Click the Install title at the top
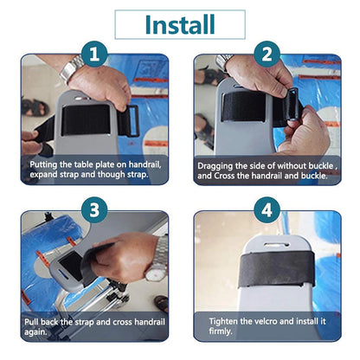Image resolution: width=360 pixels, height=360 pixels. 180,24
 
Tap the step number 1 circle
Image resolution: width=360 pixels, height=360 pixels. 94,55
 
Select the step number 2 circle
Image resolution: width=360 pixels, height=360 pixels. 267,55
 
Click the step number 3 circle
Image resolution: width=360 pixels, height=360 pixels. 94,209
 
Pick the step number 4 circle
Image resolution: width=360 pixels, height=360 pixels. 267,209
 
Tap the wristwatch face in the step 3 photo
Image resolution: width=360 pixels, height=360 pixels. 154,273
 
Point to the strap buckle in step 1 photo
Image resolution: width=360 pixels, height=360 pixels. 132,121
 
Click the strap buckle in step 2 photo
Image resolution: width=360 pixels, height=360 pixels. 292,106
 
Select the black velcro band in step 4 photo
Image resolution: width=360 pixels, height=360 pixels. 277,268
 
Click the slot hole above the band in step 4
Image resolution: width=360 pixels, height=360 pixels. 277,245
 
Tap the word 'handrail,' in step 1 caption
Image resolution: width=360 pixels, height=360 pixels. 145,164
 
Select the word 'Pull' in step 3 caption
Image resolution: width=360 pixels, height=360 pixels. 31,322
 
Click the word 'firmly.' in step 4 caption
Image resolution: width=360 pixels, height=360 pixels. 221,331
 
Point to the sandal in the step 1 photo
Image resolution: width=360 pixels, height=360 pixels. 35,107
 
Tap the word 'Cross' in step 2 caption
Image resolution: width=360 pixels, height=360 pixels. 224,176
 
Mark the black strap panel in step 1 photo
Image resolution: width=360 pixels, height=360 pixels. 86,119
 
